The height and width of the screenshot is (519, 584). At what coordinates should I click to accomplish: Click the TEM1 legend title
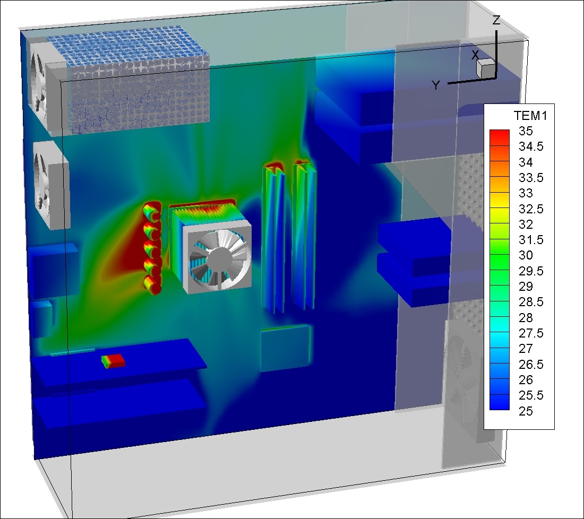tap(530, 116)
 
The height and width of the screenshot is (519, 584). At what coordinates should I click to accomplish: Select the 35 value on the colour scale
tap(526, 131)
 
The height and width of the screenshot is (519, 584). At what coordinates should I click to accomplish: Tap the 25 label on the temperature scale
tap(526, 411)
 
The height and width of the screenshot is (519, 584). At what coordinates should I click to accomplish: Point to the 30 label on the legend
tap(526, 255)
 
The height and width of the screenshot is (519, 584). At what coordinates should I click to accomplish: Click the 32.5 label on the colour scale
tap(531, 209)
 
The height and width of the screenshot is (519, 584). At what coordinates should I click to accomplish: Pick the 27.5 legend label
tap(531, 333)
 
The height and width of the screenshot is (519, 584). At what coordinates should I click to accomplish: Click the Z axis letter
tap(496, 20)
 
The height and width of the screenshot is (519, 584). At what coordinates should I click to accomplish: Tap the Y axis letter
tap(436, 85)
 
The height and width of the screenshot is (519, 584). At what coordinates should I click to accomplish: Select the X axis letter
tap(475, 55)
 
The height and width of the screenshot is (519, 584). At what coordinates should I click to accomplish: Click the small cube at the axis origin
tap(485, 68)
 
